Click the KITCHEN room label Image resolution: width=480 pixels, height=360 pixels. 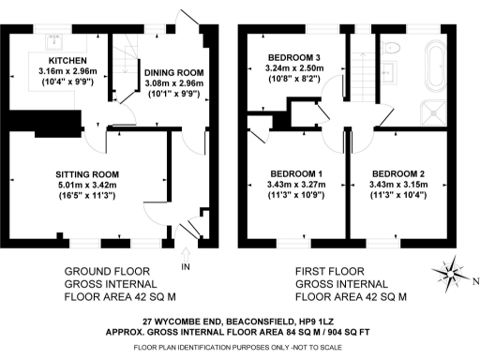67,60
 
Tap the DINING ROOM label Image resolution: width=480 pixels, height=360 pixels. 173,73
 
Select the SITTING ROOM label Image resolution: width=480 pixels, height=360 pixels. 87,174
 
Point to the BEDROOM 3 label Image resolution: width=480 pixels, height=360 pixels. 294,57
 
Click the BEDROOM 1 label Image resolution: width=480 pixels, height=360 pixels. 296,173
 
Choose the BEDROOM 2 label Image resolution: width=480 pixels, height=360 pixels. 398,173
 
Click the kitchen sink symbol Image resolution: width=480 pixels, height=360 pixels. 54,42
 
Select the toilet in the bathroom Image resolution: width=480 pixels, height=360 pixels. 391,48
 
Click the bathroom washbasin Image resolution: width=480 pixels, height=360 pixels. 389,73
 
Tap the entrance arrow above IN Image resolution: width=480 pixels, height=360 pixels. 186,255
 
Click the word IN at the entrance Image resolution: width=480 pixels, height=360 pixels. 186,267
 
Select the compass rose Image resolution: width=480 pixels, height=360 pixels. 450,274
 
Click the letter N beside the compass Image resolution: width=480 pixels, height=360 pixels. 475,281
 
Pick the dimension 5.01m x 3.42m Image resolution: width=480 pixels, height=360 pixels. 87,185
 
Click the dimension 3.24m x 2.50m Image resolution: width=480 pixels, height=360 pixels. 294,68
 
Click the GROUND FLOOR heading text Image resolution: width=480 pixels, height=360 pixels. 107,271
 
